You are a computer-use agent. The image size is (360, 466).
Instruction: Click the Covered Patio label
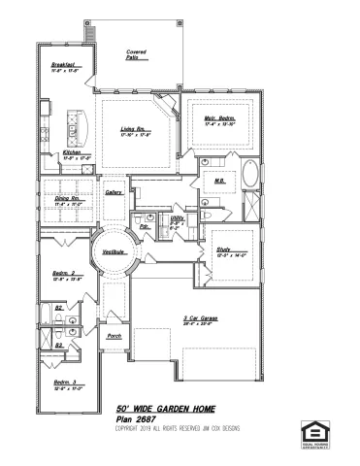135,54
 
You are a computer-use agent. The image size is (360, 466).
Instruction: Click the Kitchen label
72,152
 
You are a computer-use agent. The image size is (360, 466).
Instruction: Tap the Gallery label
114,192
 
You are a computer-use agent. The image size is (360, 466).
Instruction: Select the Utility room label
177,219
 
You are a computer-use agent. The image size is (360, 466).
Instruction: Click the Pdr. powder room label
144,225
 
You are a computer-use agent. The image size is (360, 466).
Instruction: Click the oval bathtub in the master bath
250,178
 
